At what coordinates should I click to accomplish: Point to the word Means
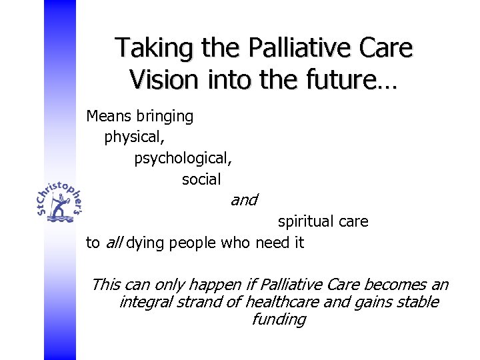[x=109, y=116]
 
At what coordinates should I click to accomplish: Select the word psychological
[x=183, y=159]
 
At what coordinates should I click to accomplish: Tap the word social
[x=201, y=179]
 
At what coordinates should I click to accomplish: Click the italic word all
[x=113, y=243]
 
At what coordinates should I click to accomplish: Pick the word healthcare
[x=267, y=302]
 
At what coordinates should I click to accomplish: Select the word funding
[x=279, y=319]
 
